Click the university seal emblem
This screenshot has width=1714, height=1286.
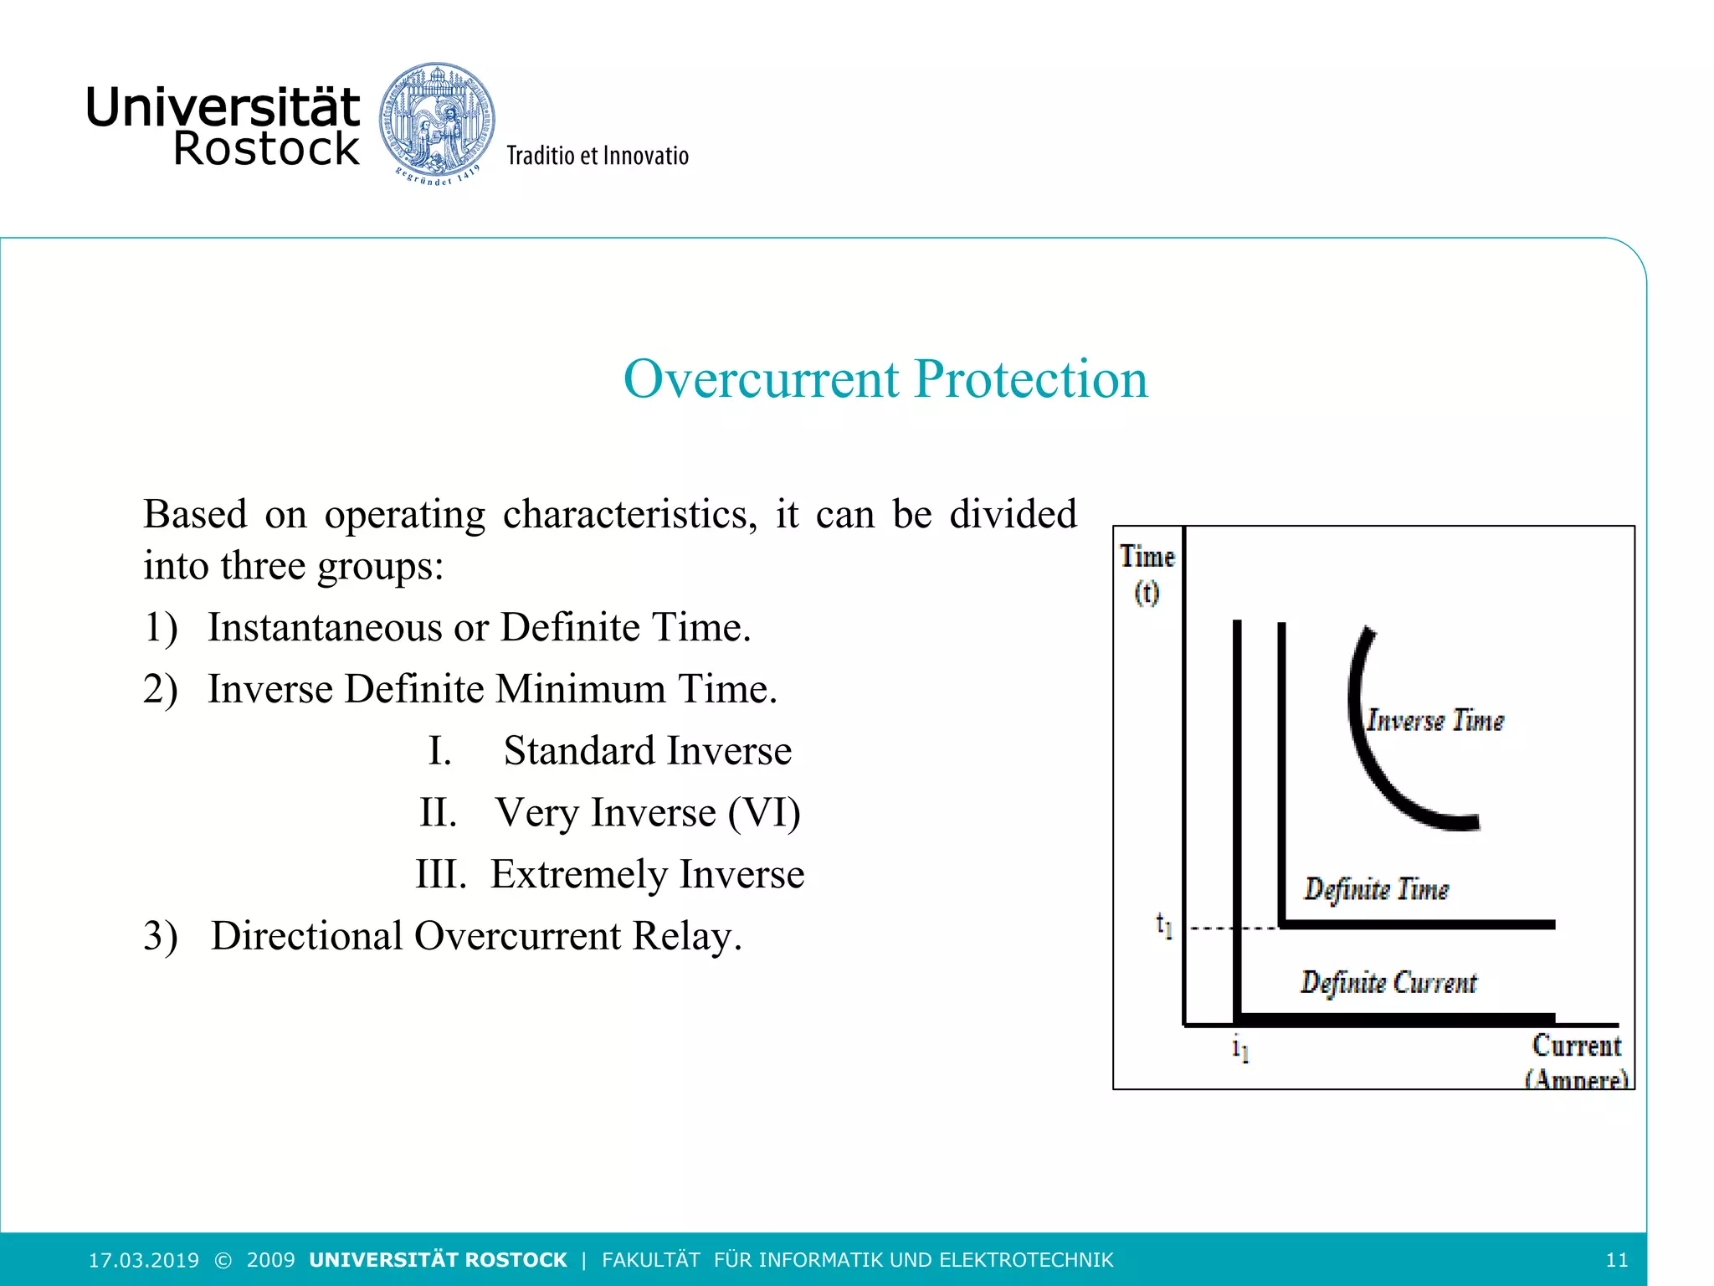(x=436, y=121)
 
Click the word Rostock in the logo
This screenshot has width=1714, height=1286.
(x=266, y=149)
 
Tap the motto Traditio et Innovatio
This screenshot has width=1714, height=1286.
(x=598, y=156)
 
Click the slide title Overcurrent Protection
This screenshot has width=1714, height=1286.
(x=885, y=378)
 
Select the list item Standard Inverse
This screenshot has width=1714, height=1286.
(x=647, y=750)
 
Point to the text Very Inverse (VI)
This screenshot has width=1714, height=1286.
(x=648, y=812)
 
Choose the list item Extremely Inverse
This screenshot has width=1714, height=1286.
(x=647, y=874)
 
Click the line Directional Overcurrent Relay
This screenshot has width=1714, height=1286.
(x=475, y=936)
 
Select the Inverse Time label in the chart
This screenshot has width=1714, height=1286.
(x=1434, y=721)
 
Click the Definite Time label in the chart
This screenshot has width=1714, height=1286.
(x=1376, y=889)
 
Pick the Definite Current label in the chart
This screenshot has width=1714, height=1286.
(x=1388, y=982)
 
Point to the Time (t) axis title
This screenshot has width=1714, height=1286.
(x=1147, y=574)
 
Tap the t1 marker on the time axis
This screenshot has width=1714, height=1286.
(x=1164, y=925)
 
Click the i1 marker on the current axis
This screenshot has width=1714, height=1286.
(x=1240, y=1047)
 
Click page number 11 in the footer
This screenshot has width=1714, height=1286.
(x=1617, y=1260)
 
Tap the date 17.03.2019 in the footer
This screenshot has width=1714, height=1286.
(x=144, y=1260)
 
